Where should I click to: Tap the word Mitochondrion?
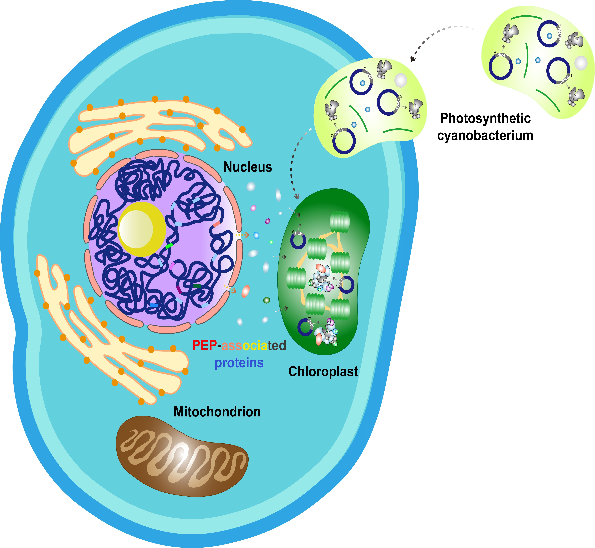click(x=217, y=412)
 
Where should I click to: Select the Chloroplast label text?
click(x=323, y=371)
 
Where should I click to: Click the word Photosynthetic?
click(x=485, y=118)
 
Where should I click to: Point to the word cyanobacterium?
click(x=485, y=135)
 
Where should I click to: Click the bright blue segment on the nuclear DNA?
click(x=154, y=305)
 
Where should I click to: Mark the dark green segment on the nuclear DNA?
click(x=197, y=286)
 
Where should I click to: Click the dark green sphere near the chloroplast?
click(x=267, y=300)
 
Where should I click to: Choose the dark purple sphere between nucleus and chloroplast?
click(x=268, y=221)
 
